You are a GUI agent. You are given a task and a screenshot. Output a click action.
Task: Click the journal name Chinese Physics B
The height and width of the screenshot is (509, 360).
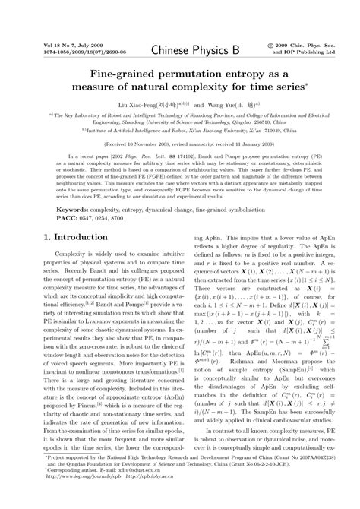pyautogui.click(x=179, y=50)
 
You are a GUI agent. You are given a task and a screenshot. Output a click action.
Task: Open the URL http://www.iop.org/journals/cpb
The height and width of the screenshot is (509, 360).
pyautogui.click(x=82, y=498)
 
